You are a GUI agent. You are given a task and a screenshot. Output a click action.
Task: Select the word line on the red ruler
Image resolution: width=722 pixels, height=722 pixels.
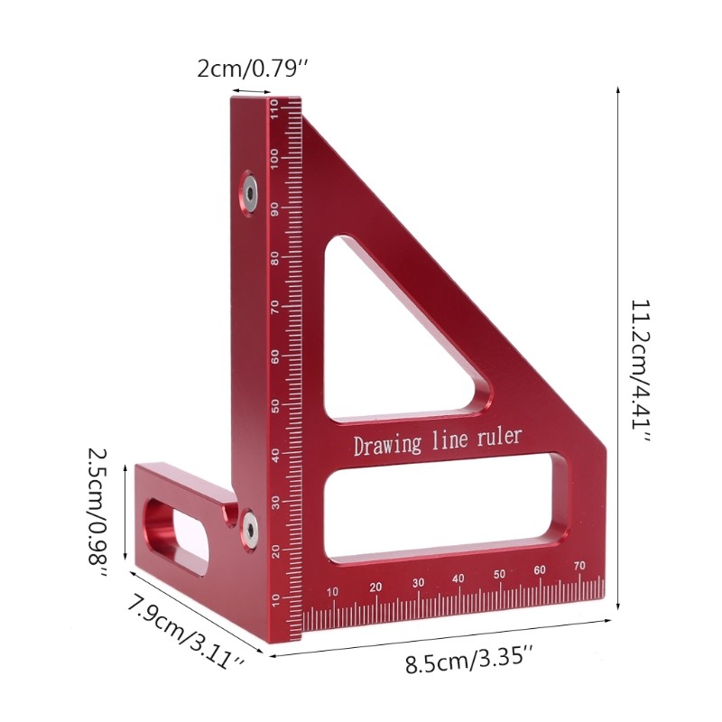[451, 440]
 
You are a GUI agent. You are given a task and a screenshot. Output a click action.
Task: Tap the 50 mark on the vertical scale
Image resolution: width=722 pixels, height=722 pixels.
[274, 404]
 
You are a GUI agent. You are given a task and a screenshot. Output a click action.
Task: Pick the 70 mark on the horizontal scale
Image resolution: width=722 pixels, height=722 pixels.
[579, 566]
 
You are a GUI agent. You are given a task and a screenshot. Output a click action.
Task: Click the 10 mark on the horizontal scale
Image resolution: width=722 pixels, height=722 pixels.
[333, 592]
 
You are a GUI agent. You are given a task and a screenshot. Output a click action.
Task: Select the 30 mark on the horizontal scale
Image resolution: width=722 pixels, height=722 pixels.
[418, 583]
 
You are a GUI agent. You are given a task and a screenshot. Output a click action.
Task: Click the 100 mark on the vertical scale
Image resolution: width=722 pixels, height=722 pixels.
[273, 159]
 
